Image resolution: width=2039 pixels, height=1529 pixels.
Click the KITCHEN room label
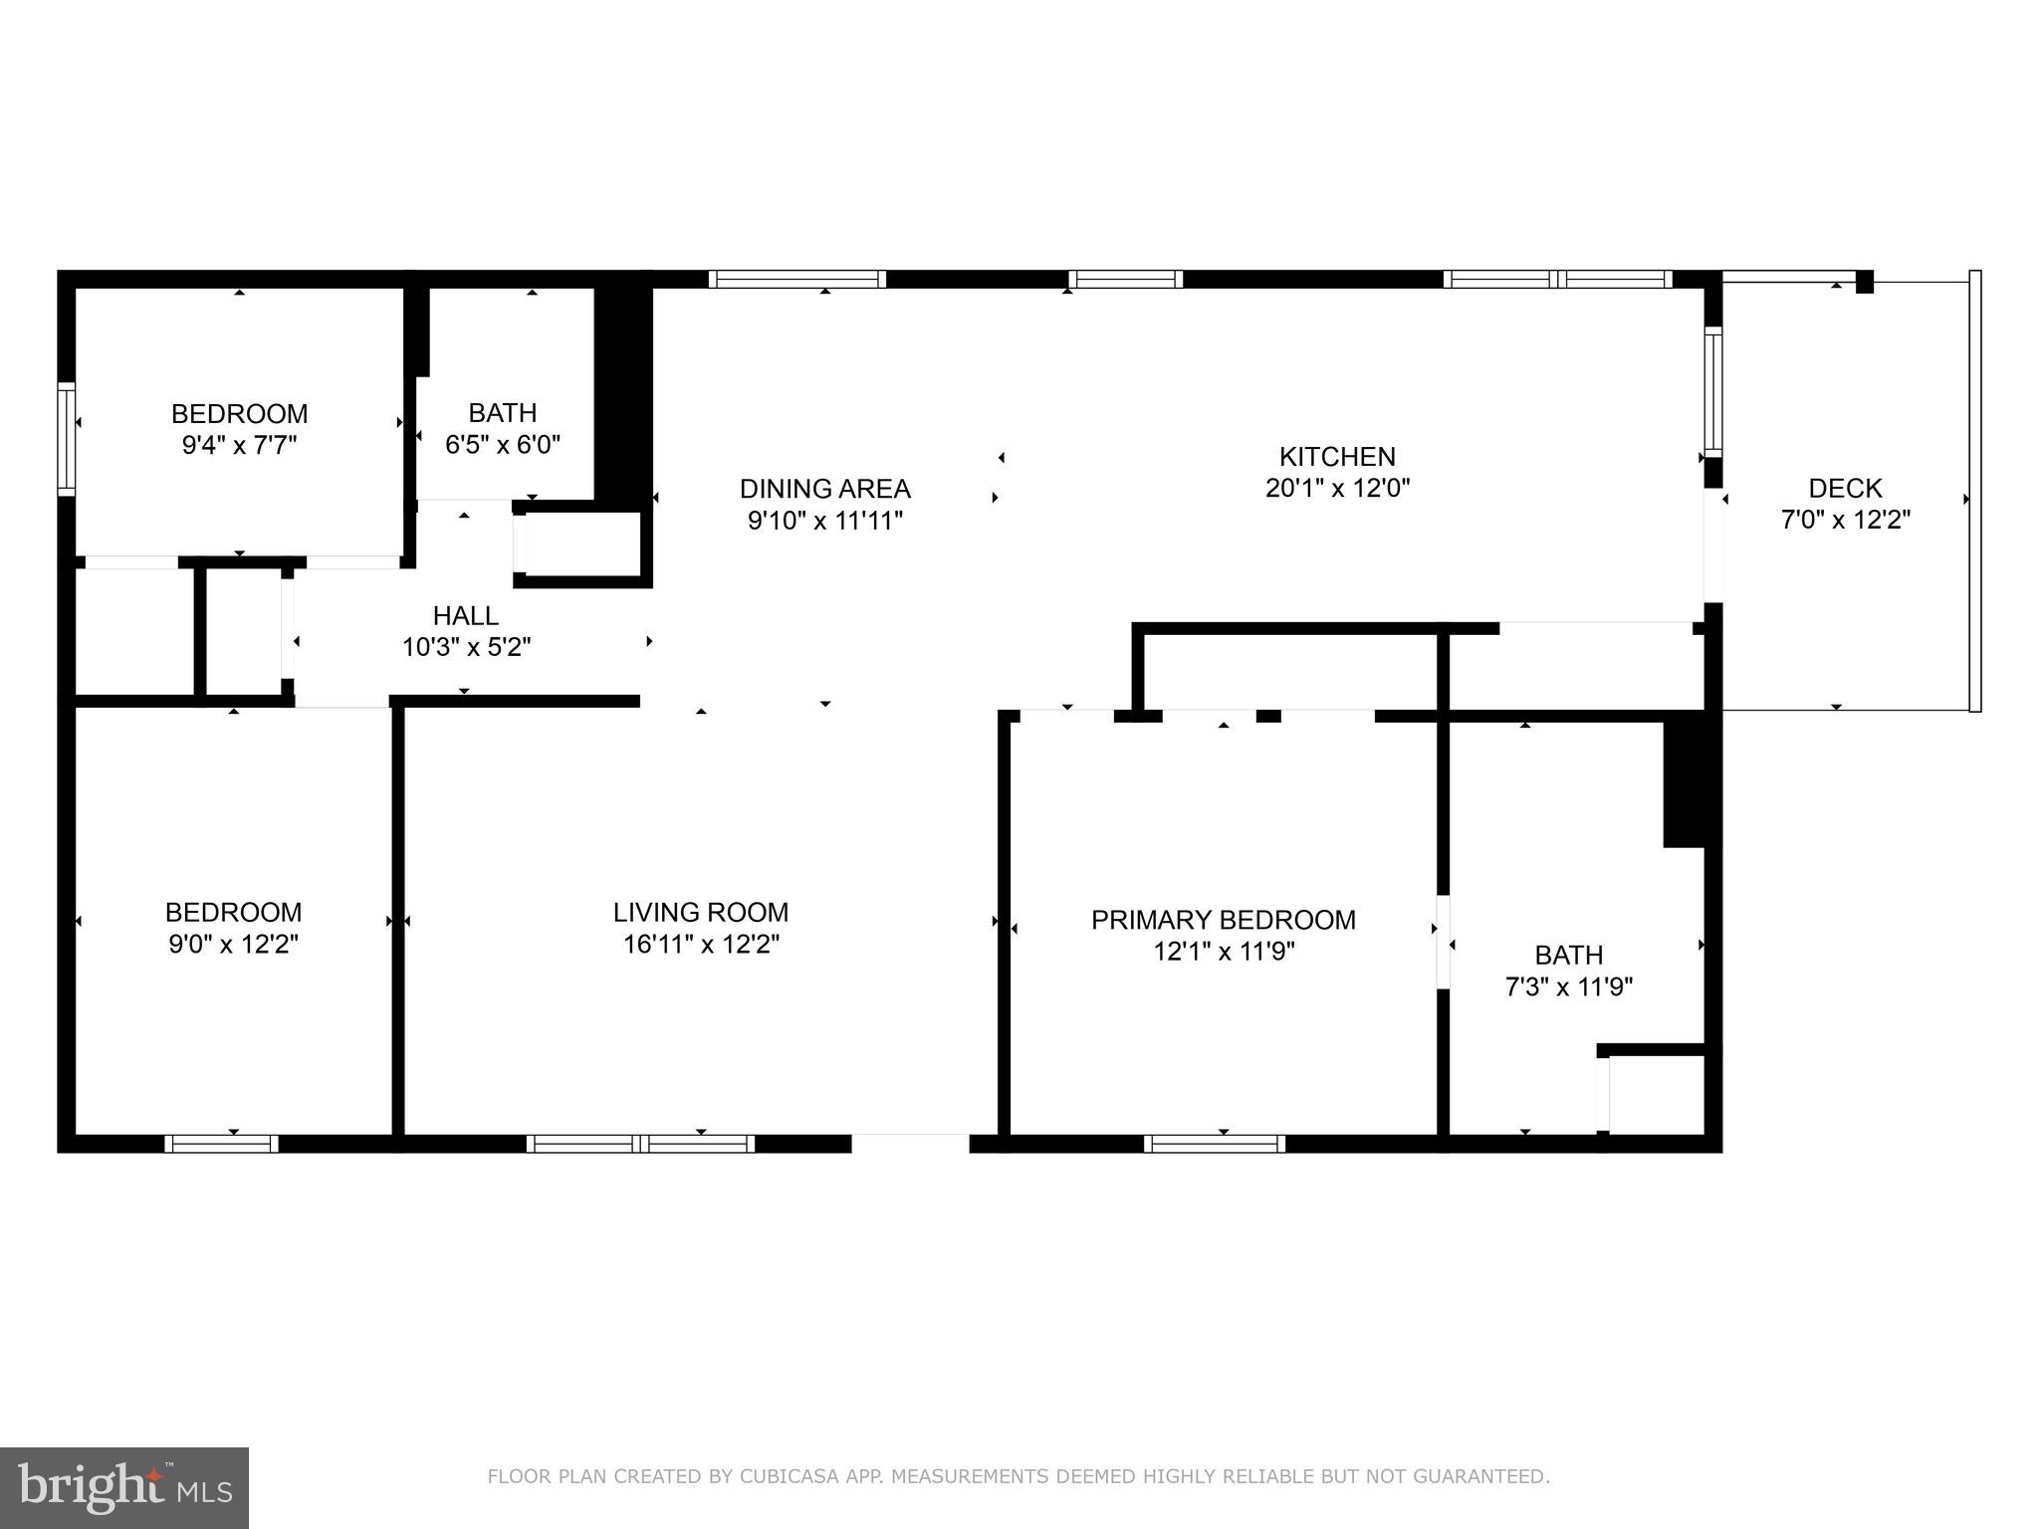(x=1336, y=457)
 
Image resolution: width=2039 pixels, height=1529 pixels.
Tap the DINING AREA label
(x=824, y=489)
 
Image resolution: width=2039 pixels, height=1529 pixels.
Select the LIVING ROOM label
(x=700, y=912)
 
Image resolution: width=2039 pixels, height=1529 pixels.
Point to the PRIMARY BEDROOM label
(x=1223, y=920)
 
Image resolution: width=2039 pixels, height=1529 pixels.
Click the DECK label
(x=1845, y=488)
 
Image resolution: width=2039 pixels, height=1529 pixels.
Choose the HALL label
(x=465, y=615)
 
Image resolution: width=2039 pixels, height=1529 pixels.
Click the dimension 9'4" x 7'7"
(x=239, y=445)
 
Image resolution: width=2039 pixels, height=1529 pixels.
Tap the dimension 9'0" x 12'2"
(x=233, y=944)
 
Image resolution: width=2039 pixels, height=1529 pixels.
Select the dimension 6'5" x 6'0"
(x=502, y=444)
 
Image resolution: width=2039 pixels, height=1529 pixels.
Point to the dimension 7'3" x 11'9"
(x=1568, y=986)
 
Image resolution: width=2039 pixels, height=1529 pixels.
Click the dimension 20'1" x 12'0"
(x=1336, y=489)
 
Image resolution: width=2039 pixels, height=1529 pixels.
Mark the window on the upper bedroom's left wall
(x=67, y=438)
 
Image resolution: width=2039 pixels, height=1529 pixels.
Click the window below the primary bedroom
(x=1214, y=1144)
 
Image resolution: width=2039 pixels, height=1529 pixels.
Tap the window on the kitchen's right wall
(x=1712, y=391)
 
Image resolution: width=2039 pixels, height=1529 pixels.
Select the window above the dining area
(x=796, y=279)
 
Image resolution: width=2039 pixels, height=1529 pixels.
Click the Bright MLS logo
(x=124, y=1487)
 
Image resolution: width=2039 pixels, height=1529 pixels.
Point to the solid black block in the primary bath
(x=1685, y=781)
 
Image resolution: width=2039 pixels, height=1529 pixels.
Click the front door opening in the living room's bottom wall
(x=910, y=1142)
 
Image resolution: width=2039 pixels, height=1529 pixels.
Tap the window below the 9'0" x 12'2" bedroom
(x=221, y=1144)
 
